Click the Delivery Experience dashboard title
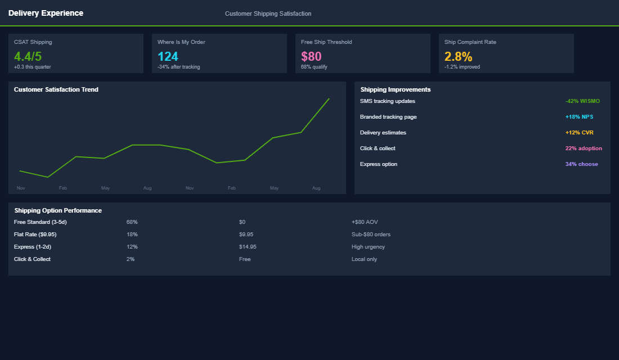click(x=46, y=13)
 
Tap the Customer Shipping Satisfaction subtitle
click(x=268, y=13)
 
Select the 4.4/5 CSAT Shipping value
click(x=28, y=56)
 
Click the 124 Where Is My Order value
click(x=168, y=56)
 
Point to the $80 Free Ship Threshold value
click(x=311, y=56)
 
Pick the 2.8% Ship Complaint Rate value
click(x=458, y=56)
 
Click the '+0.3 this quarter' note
click(x=33, y=67)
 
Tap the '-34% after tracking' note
click(x=178, y=67)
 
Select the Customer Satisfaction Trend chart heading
click(x=56, y=89)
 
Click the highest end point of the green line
click(x=329, y=99)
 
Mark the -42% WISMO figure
click(x=582, y=101)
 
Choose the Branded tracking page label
click(x=388, y=117)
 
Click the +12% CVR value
click(x=579, y=133)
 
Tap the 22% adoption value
click(x=584, y=148)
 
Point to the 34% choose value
click(x=581, y=164)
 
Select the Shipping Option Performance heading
click(x=58, y=210)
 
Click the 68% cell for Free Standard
click(x=132, y=222)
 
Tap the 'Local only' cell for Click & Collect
click(x=364, y=259)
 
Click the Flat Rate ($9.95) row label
click(x=35, y=235)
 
